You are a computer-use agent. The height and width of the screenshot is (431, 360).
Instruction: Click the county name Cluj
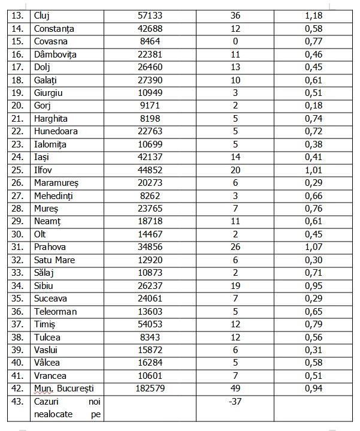pyautogui.click(x=43, y=16)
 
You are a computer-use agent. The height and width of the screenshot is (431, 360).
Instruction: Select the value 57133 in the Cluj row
pyautogui.click(x=150, y=16)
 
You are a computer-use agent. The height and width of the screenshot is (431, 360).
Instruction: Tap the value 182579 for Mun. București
pyautogui.click(x=150, y=388)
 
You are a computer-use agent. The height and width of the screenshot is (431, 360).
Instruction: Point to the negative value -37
pyautogui.click(x=235, y=401)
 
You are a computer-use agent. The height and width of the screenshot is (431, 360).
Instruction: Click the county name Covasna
pyautogui.click(x=52, y=41)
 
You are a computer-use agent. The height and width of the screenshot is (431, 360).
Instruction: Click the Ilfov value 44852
pyautogui.click(x=150, y=170)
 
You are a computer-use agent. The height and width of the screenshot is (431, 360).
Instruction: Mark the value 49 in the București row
pyautogui.click(x=235, y=388)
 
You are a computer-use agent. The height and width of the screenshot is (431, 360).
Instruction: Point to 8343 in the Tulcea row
pyautogui.click(x=150, y=337)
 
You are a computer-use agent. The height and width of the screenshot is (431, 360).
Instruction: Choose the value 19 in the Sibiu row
pyautogui.click(x=235, y=286)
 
